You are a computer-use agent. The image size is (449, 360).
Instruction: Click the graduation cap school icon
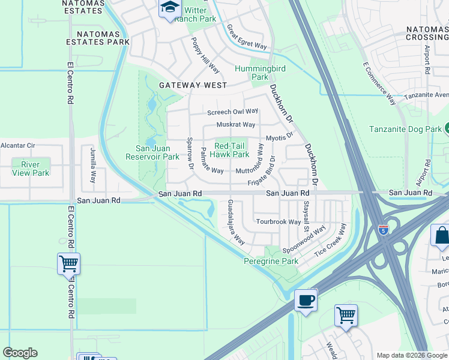coord(170,8)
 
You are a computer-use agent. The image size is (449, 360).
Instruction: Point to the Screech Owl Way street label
coord(232,112)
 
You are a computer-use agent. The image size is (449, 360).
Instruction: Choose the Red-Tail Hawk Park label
coord(232,150)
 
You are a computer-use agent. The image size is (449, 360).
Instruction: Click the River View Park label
coord(31,169)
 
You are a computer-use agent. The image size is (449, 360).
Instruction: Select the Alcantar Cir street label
coord(18,145)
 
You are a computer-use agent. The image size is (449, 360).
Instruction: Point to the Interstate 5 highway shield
coord(383,229)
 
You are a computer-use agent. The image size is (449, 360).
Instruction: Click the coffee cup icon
coord(306,301)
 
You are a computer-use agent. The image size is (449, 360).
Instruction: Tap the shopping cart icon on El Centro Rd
coord(68,263)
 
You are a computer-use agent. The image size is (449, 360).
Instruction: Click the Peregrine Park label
coord(271,262)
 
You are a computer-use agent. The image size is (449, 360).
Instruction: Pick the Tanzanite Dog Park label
coord(405,129)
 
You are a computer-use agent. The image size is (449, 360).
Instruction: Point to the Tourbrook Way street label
coord(279,221)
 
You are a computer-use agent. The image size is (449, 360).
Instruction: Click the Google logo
coord(20,353)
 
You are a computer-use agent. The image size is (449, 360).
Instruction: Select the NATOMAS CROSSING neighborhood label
coord(427,34)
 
